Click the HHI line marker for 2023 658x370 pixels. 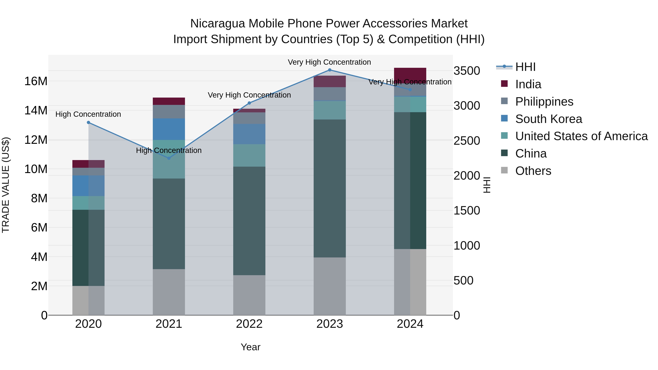[x=330, y=70]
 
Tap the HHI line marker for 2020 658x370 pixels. [x=88, y=123]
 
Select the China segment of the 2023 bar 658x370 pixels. [x=330, y=188]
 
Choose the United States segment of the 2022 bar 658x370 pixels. [x=249, y=155]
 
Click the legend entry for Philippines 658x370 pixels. [x=544, y=102]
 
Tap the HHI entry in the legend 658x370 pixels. [x=525, y=67]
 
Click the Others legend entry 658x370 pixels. [x=533, y=171]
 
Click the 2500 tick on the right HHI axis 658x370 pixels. [x=467, y=141]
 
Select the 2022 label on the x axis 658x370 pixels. [x=249, y=324]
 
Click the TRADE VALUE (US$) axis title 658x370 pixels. [x=6, y=185]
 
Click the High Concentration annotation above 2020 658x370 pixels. [x=88, y=114]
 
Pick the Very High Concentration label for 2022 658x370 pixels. [x=249, y=95]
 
